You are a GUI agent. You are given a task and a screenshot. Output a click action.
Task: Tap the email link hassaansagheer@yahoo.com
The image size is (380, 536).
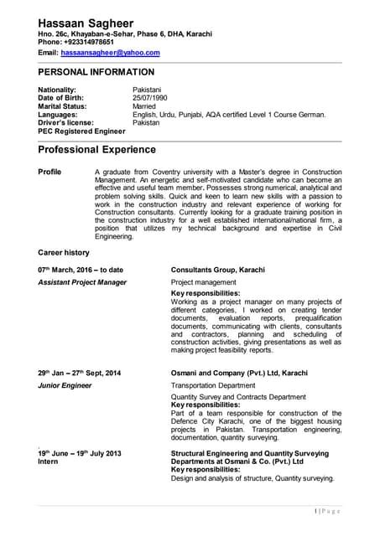pos(110,53)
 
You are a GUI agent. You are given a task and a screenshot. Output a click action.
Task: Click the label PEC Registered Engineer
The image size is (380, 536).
pos(81,131)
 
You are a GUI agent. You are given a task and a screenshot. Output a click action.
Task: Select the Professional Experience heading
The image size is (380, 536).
pos(96,150)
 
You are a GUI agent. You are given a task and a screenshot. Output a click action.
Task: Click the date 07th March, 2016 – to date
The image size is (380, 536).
pos(81,270)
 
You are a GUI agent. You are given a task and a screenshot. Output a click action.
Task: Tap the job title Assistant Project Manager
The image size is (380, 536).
pos(82,282)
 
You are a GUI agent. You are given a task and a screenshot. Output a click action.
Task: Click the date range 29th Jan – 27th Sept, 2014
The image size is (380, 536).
pos(84,373)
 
